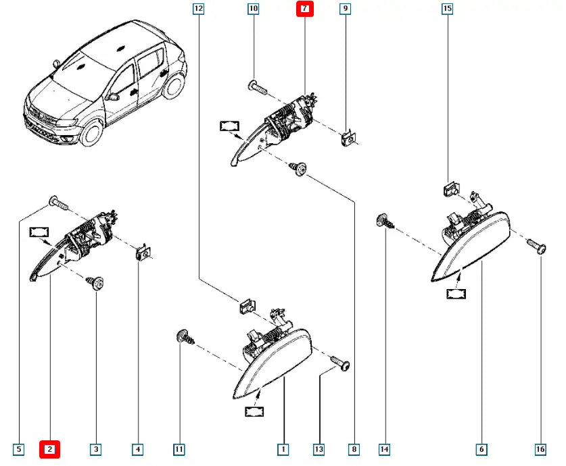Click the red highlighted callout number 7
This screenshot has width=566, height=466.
click(x=305, y=9)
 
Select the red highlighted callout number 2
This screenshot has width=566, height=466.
click(x=51, y=448)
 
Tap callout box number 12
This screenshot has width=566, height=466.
click(x=198, y=9)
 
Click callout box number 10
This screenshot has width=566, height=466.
click(x=254, y=9)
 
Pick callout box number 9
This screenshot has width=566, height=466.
click(x=345, y=9)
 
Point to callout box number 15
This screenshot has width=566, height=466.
click(x=447, y=9)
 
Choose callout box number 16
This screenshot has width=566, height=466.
click(x=542, y=448)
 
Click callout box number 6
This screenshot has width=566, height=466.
click(x=481, y=448)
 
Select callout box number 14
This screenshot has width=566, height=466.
click(x=384, y=448)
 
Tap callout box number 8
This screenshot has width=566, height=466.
click(x=354, y=448)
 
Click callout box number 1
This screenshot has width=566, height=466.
click(x=283, y=448)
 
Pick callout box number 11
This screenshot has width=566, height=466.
click(x=179, y=448)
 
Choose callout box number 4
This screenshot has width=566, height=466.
click(x=138, y=448)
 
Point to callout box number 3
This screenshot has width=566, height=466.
click(x=96, y=448)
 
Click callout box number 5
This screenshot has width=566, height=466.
click(x=18, y=448)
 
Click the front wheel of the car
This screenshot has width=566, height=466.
click(x=90, y=132)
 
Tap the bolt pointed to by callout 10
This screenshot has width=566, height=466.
click(x=258, y=86)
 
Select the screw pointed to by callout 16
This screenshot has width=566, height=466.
click(x=536, y=247)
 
